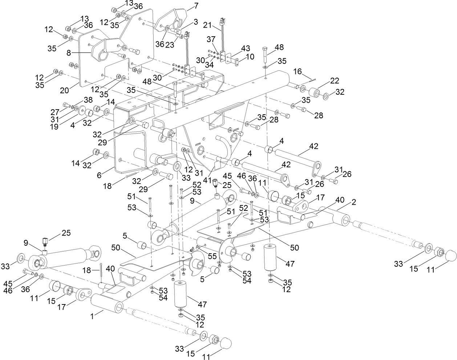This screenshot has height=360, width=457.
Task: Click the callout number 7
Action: [x=196, y=5]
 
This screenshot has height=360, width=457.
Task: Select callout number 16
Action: [x=298, y=72]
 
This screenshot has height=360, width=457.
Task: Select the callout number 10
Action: [x=250, y=57]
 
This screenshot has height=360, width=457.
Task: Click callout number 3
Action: [x=195, y=22]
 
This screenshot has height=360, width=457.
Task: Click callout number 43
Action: [x=246, y=48]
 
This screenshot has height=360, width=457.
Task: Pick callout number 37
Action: [x=211, y=39]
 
